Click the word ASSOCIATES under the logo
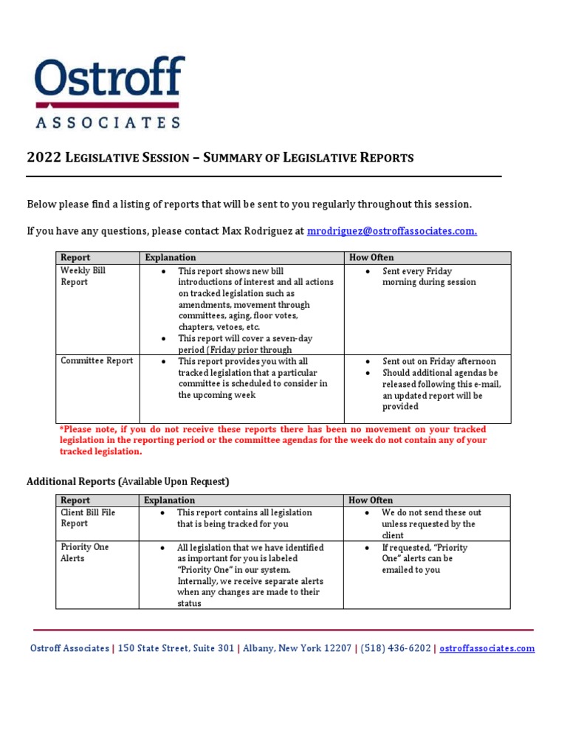point(108,123)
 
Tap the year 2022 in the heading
point(43,157)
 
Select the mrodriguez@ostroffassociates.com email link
point(391,231)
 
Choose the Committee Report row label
point(97,361)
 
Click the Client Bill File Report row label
point(88,518)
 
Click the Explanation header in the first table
point(171,258)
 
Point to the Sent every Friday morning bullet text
point(429,276)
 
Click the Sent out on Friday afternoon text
point(439,362)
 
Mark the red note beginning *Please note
point(272,440)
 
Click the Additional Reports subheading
point(128,481)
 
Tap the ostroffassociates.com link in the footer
point(487,648)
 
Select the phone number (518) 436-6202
point(395,648)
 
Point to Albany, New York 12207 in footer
point(298,648)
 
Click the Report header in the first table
point(75,258)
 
